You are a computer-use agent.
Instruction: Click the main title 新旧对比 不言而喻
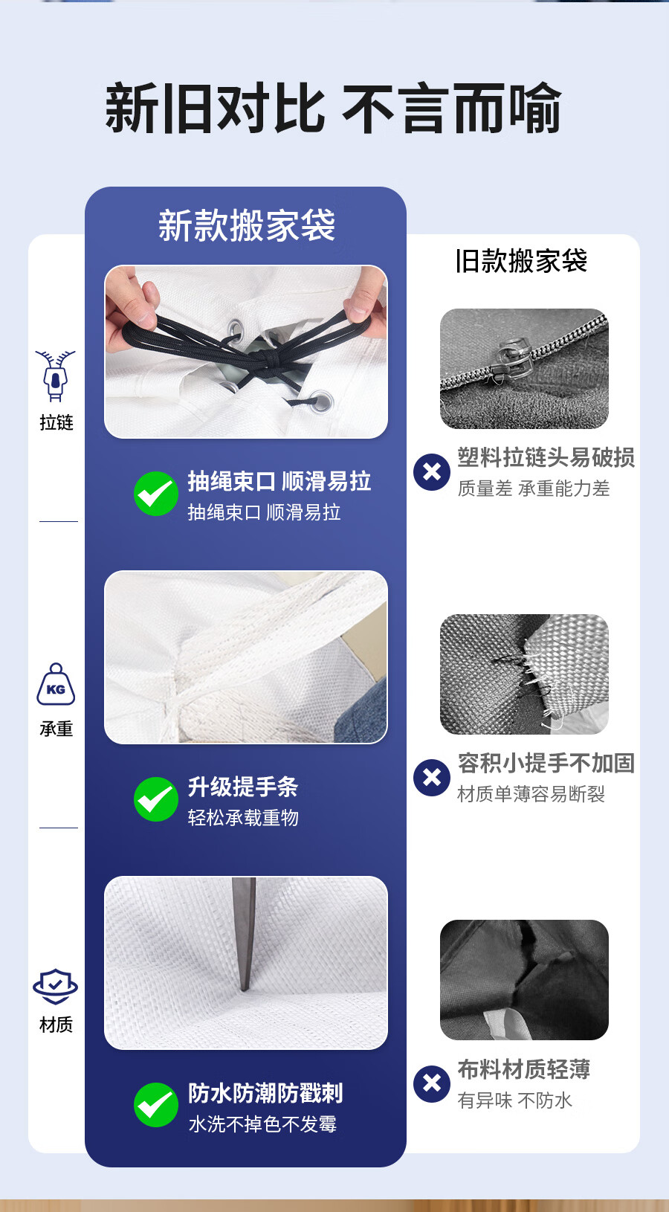pyautogui.click(x=333, y=108)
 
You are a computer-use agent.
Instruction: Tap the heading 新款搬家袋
pyautogui.click(x=247, y=225)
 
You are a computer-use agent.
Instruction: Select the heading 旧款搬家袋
pyautogui.click(x=521, y=261)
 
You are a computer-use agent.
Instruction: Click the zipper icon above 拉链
pyautogui.click(x=55, y=375)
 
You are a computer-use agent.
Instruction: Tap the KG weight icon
pyautogui.click(x=56, y=685)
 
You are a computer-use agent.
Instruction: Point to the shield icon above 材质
pyautogui.click(x=55, y=986)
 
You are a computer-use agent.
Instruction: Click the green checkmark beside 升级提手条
pyautogui.click(x=156, y=799)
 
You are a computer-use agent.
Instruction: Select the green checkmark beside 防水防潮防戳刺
pyautogui.click(x=156, y=1105)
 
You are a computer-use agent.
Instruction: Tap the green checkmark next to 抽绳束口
pyautogui.click(x=156, y=494)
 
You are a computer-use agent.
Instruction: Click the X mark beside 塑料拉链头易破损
pyautogui.click(x=432, y=472)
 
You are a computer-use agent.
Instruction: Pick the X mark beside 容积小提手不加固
pyautogui.click(x=432, y=778)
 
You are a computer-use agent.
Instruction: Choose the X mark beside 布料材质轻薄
pyautogui.click(x=432, y=1084)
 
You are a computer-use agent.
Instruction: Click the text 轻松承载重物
pyautogui.click(x=243, y=818)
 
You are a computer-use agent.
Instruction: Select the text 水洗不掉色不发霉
pyautogui.click(x=263, y=1124)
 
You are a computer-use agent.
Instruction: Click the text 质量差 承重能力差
pyautogui.click(x=534, y=489)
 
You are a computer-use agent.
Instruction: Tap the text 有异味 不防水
pyautogui.click(x=515, y=1100)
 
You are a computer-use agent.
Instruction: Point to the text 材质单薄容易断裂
pyautogui.click(x=531, y=794)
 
